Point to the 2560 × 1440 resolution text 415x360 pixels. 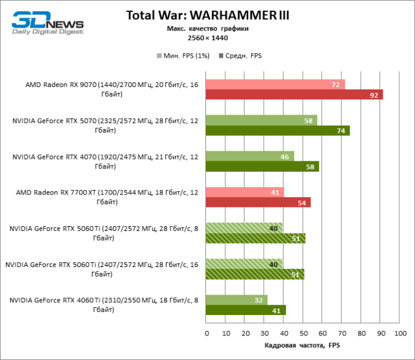click(207, 37)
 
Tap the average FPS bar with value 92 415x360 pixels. click(294, 95)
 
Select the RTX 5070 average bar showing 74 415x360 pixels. click(277, 131)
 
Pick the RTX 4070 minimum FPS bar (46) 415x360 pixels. click(250, 157)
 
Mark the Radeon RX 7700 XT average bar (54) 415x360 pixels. click(258, 203)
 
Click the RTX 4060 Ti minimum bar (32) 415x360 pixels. click(237, 300)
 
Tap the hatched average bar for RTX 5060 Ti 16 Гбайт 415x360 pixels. click(255, 274)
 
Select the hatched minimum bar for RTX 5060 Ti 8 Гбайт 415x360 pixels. click(244, 228)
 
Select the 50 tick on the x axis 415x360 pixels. click(303, 332)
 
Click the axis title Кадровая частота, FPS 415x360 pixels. click(302, 346)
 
